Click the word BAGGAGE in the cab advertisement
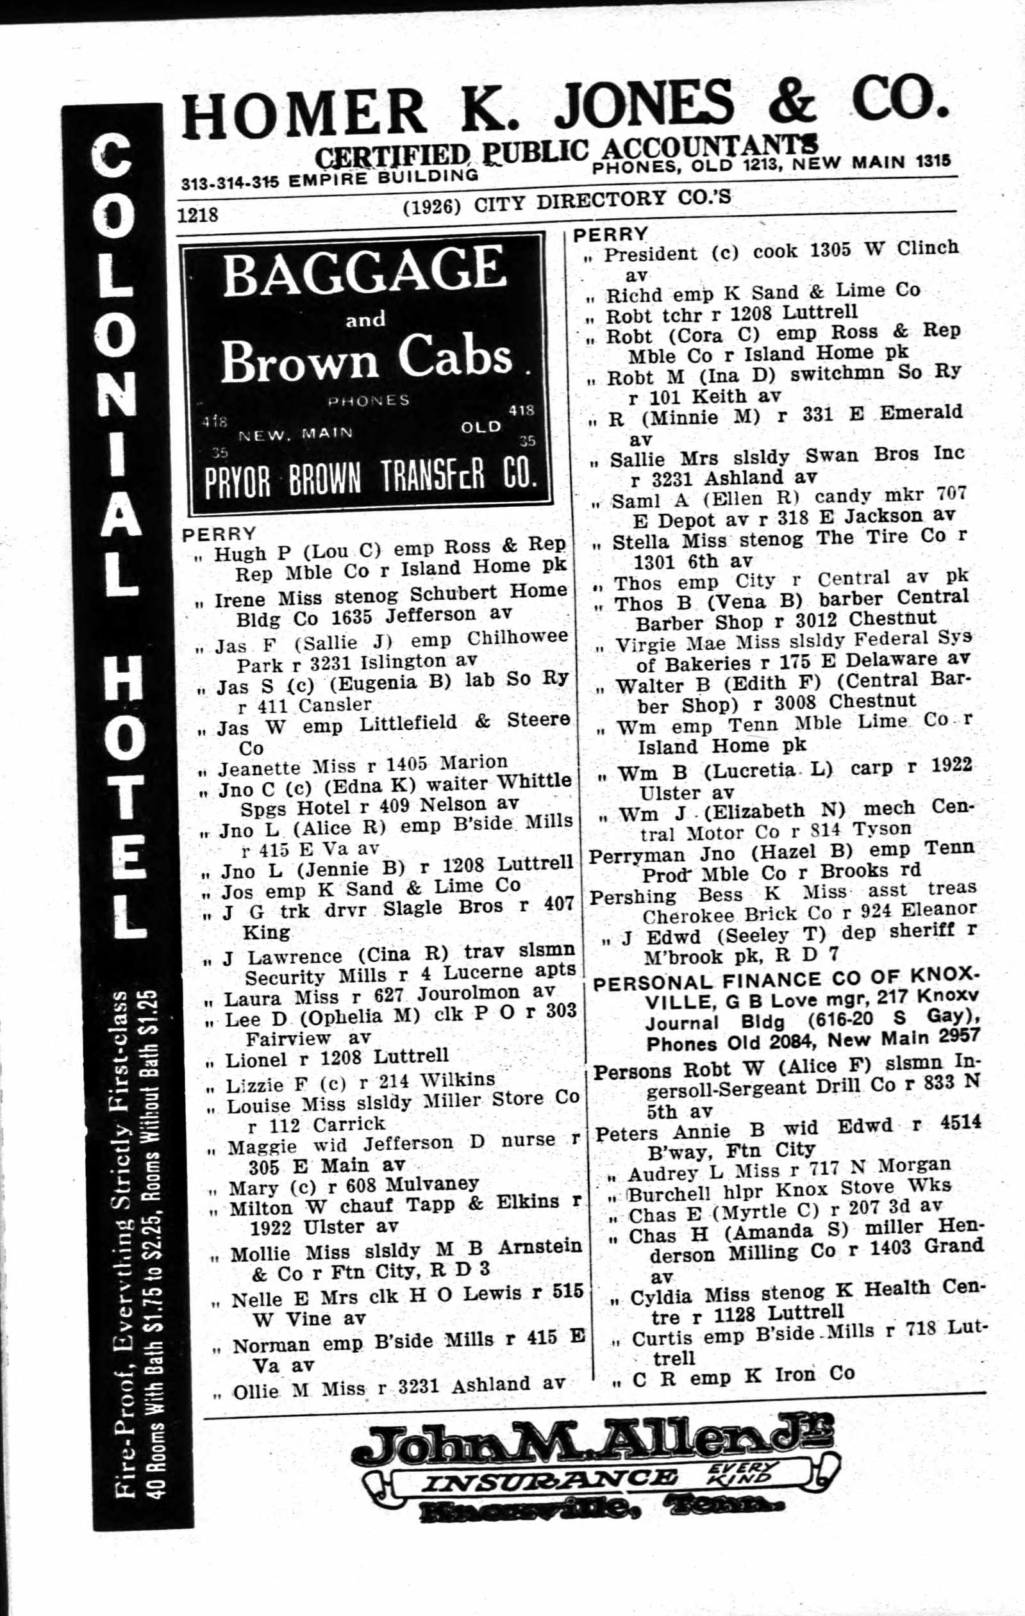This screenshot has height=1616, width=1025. [x=364, y=271]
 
